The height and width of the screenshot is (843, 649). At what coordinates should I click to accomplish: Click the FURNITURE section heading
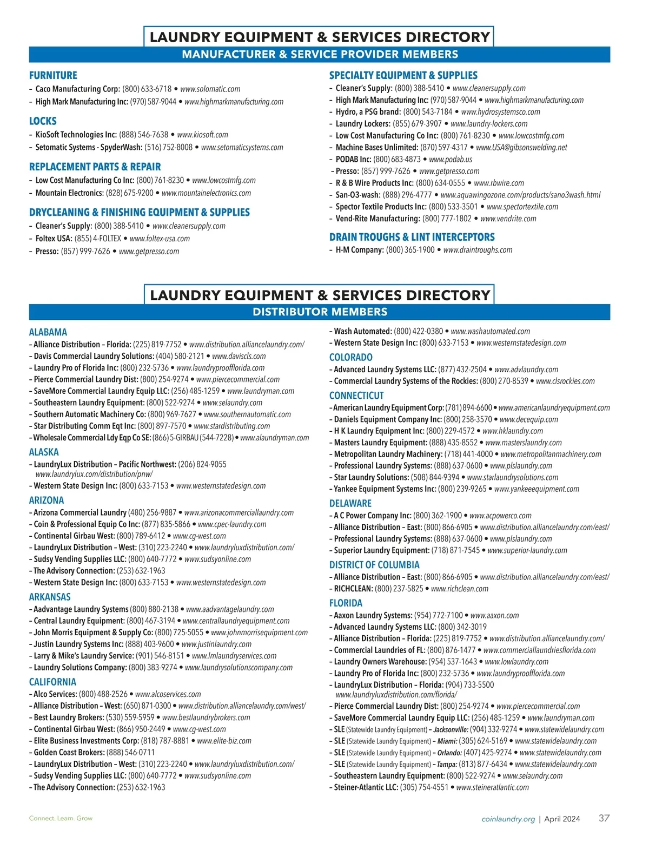(53, 76)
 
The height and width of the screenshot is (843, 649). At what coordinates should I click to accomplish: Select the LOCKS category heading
(43, 121)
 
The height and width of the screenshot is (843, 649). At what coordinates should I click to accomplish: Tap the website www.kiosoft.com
(202, 135)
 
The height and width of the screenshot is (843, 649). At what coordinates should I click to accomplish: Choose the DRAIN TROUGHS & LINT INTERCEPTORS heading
(412, 237)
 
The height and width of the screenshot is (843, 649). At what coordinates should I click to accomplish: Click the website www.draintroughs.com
(478, 250)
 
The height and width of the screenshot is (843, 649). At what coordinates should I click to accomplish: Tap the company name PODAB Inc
(353, 160)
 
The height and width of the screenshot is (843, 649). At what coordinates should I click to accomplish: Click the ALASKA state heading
(44, 452)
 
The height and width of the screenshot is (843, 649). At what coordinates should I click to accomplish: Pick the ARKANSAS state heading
(50, 597)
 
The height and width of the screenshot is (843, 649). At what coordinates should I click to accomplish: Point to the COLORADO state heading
(350, 358)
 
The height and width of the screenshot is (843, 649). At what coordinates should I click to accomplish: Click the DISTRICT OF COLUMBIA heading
(374, 565)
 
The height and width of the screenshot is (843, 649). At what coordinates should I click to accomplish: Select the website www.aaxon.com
(494, 616)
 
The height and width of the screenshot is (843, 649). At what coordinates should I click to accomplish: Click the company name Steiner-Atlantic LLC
(366, 788)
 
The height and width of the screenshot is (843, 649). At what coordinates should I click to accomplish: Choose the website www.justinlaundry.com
(216, 644)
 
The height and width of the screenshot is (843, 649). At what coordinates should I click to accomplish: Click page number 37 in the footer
(604, 818)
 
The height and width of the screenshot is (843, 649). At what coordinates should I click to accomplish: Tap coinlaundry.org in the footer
(508, 819)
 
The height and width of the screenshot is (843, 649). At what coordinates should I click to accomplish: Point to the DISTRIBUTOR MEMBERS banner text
(320, 312)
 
